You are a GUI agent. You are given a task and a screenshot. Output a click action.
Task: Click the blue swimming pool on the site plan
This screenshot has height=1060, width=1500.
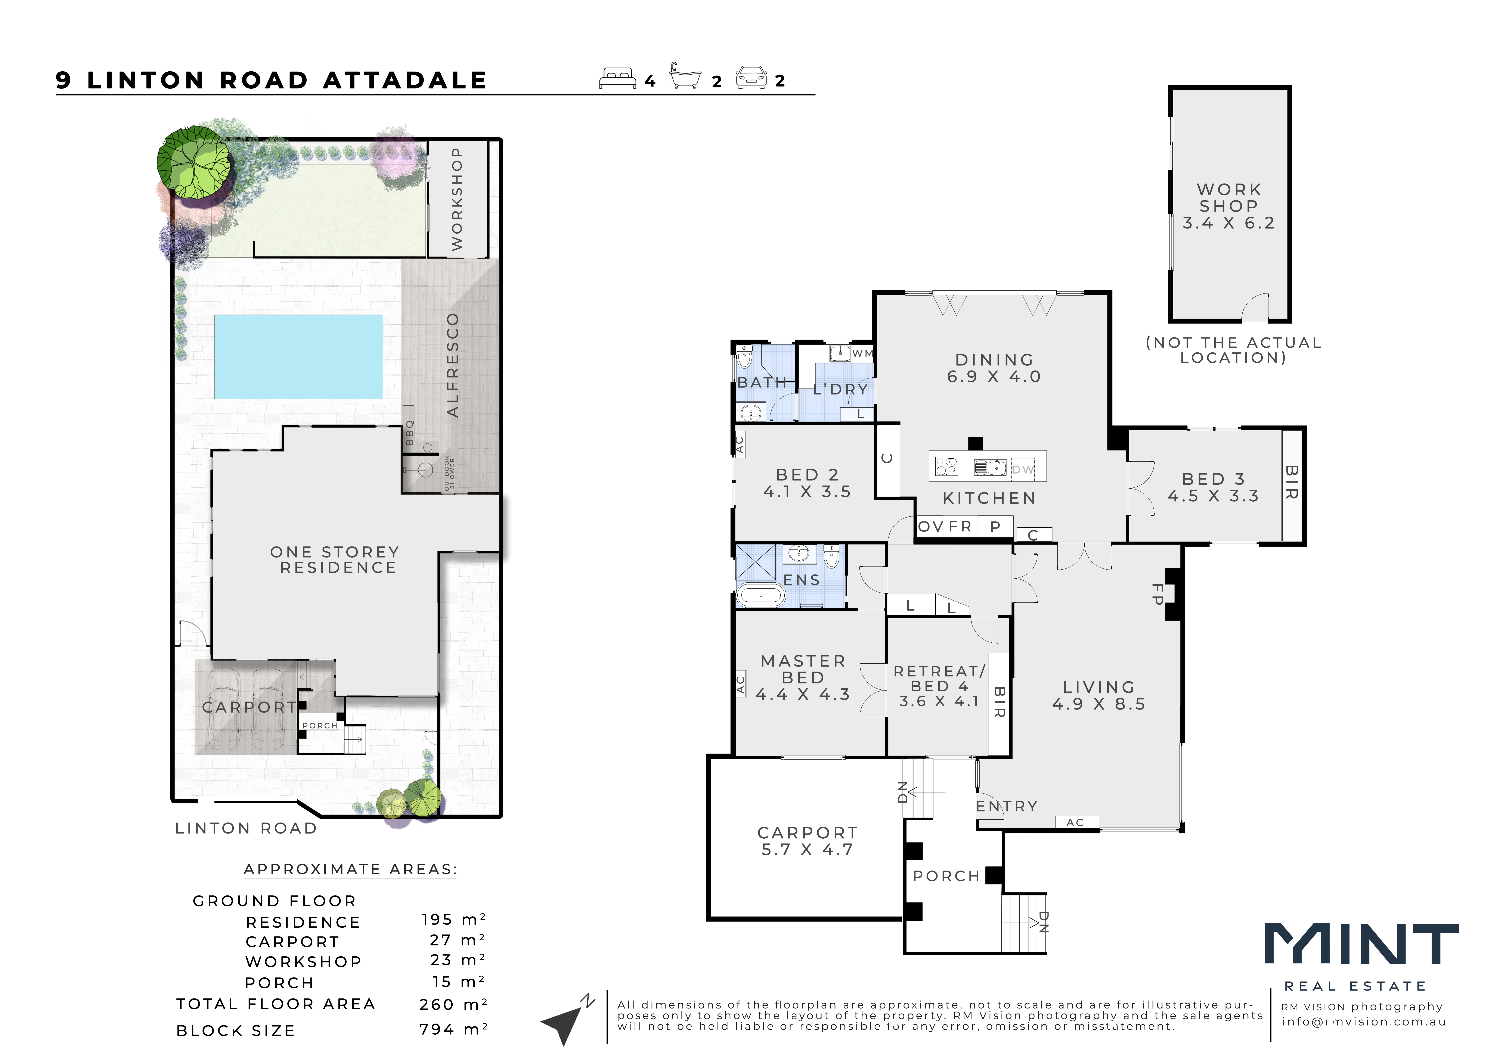298,357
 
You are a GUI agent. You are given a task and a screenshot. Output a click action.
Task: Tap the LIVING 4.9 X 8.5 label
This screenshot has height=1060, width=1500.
1099,696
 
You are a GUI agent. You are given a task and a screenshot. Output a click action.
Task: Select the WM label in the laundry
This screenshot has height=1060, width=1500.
862,353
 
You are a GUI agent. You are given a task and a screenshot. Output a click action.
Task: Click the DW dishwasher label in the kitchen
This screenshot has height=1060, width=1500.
1023,470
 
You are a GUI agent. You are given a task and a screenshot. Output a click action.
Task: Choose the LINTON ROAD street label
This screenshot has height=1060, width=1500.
246,828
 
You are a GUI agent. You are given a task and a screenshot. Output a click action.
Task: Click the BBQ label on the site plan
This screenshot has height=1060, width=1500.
410,433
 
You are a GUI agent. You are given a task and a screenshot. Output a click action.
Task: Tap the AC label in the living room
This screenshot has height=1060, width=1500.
1075,822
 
